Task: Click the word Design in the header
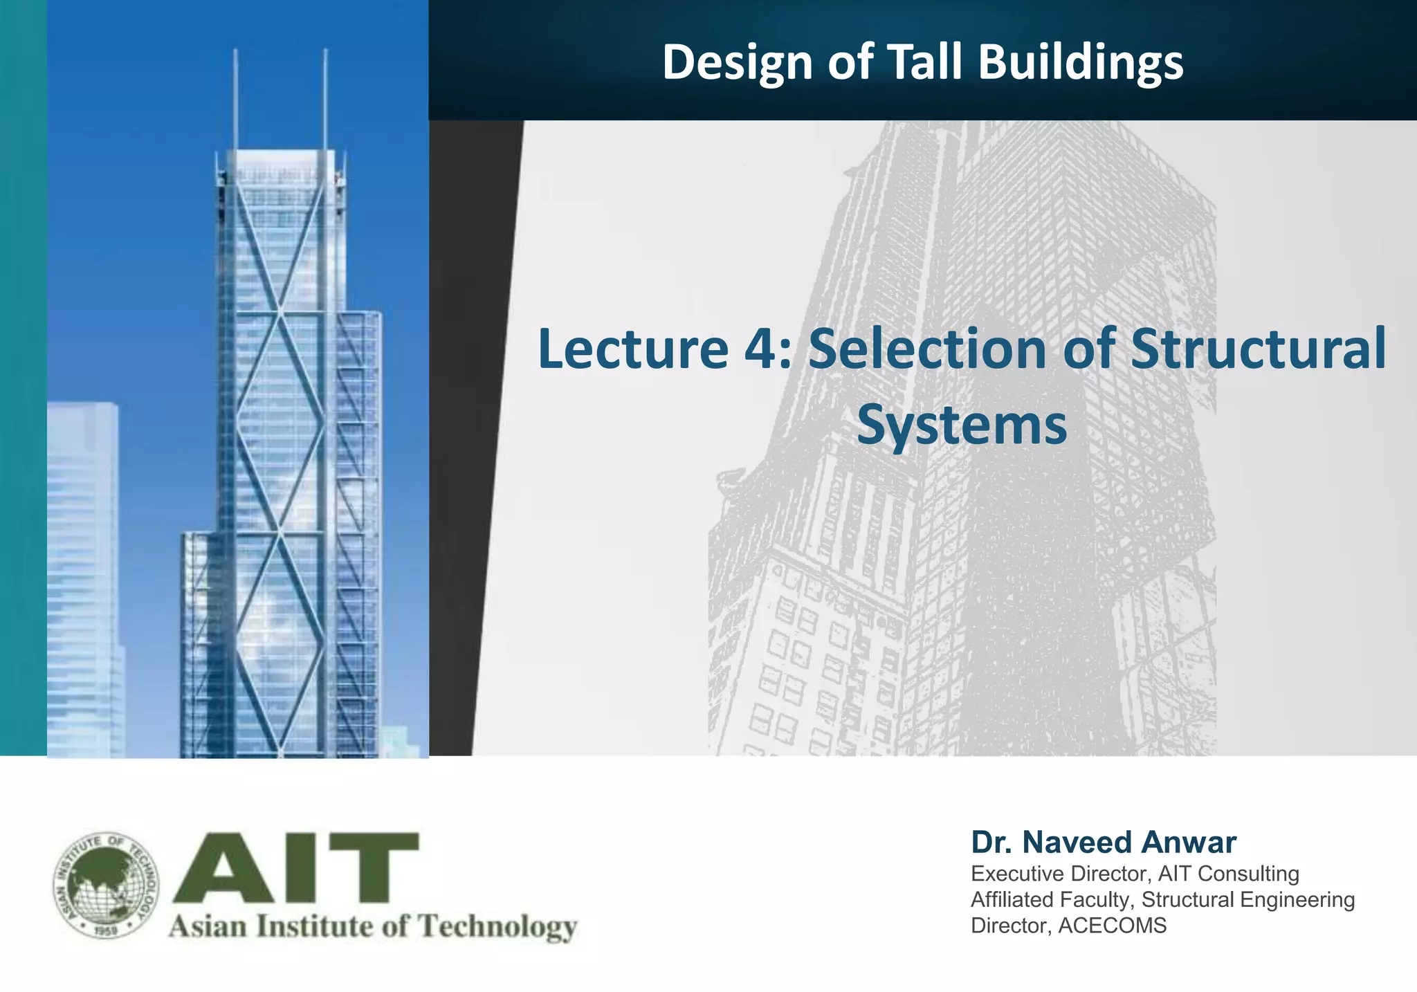(738, 62)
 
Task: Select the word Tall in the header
(926, 62)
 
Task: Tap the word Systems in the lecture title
(962, 425)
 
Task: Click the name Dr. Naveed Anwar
(1103, 843)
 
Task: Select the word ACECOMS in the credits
(1112, 926)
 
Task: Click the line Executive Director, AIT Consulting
(1135, 874)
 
